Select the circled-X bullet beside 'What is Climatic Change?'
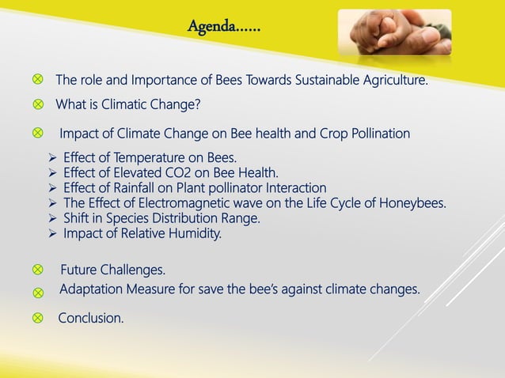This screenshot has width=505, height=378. [x=37, y=104]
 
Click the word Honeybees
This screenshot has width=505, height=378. [x=412, y=203]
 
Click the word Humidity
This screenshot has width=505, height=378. [x=197, y=233]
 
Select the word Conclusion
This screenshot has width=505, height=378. [x=91, y=319]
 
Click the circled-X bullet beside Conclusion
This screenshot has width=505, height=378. [x=37, y=319]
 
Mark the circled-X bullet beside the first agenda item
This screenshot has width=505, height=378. [x=37, y=80]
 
